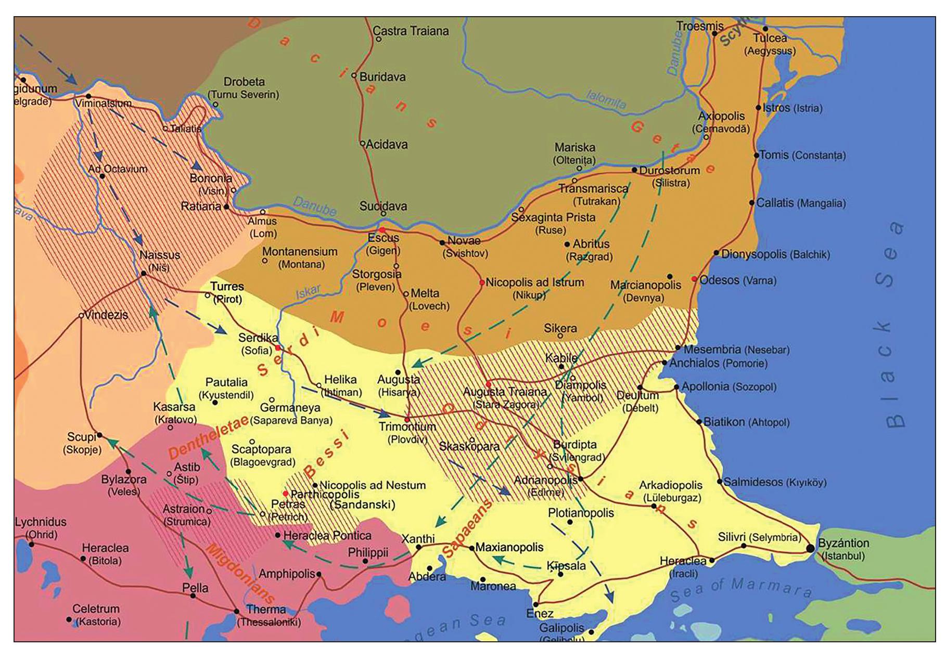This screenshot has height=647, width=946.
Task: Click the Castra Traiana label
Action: click(x=411, y=31)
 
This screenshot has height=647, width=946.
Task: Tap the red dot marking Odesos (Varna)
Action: click(x=694, y=279)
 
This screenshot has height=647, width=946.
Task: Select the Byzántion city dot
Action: click(x=810, y=548)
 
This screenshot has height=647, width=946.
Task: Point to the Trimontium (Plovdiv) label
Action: click(x=407, y=433)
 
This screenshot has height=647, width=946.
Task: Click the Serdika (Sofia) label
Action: click(x=258, y=344)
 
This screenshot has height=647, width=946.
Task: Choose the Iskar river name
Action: click(x=308, y=293)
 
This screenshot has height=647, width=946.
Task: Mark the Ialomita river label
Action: click(x=606, y=99)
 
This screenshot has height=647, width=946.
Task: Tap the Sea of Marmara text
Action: click(x=741, y=588)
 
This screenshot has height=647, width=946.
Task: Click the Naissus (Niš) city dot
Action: click(x=144, y=273)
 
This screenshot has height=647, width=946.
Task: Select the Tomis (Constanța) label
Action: click(x=802, y=155)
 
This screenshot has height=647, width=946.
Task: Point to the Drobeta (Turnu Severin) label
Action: click(x=244, y=88)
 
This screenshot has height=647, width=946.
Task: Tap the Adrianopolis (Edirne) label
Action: click(x=545, y=486)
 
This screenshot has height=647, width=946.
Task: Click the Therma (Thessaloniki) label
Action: click(x=268, y=615)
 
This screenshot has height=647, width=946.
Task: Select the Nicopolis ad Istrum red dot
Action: click(x=482, y=283)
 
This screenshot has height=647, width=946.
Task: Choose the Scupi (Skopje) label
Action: click(x=82, y=443)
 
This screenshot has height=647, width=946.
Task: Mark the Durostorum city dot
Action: click(x=634, y=170)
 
